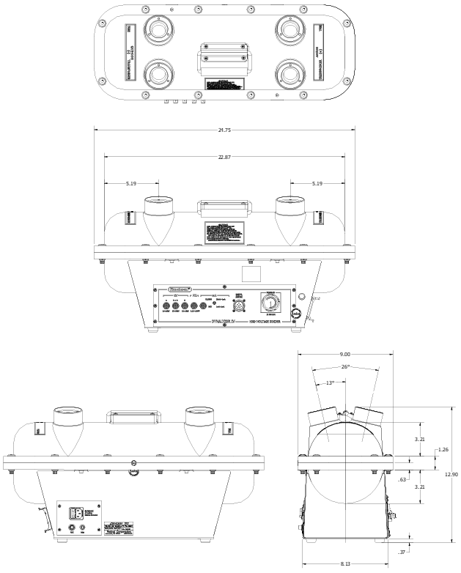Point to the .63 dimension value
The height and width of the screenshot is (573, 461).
pos(403,459)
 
